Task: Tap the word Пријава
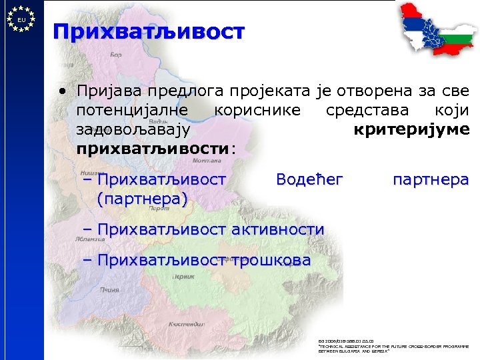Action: pos(105,90)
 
